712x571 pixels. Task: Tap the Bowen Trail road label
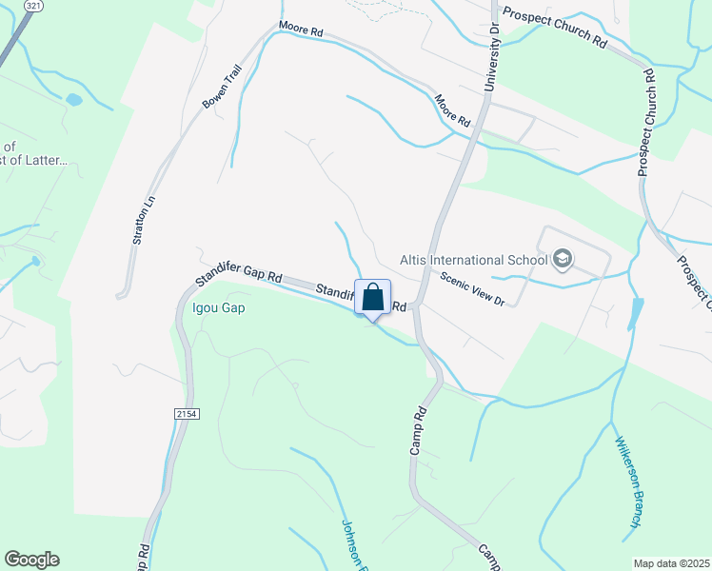click(216, 90)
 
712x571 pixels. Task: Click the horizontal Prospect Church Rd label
click(554, 29)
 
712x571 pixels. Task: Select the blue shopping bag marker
click(372, 296)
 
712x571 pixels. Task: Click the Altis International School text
click(473, 260)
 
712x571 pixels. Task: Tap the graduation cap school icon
click(563, 259)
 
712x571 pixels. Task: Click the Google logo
click(31, 560)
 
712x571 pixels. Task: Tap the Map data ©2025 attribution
click(671, 563)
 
